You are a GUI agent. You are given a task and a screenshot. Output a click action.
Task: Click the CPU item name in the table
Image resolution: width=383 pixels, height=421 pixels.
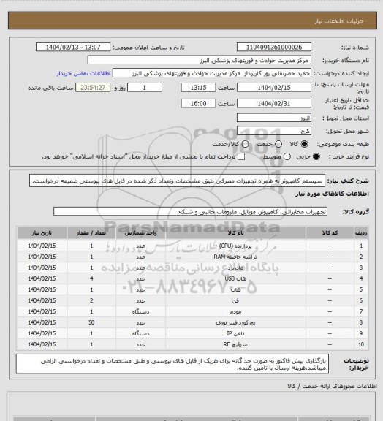(x=227, y=246)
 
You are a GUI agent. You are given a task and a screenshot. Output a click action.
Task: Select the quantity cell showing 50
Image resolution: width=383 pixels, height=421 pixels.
(x=91, y=322)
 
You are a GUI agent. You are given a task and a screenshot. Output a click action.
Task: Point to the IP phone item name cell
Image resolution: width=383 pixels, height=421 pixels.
(x=227, y=333)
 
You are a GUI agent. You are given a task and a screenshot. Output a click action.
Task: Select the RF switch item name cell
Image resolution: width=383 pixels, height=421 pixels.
(x=227, y=344)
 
